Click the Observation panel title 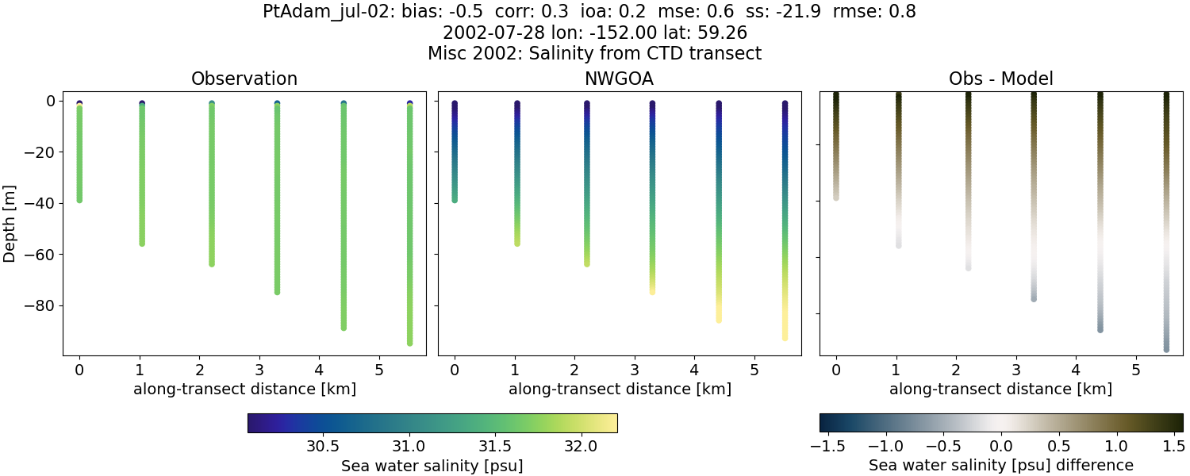(x=244, y=79)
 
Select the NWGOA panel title (x=620, y=79)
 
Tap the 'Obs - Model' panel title (x=1001, y=79)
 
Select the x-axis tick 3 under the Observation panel (x=259, y=370)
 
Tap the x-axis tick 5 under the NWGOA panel (x=754, y=370)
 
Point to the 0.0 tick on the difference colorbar (x=1001, y=447)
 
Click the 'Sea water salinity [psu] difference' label (x=1001, y=465)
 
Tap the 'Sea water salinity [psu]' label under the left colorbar (x=432, y=466)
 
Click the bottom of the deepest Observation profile (x=410, y=343)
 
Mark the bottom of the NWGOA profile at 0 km (x=455, y=200)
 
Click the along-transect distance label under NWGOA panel (x=620, y=389)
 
